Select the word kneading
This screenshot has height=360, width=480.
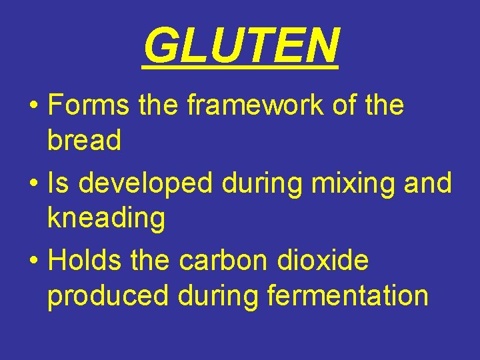pos(106,219)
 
